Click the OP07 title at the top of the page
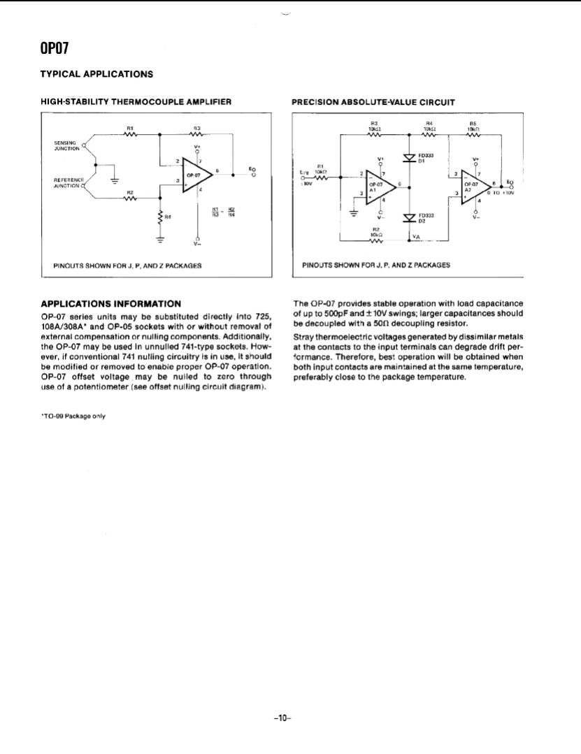[x=54, y=49]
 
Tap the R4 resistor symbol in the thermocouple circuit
[x=161, y=217]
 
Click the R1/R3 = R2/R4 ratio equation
[x=224, y=211]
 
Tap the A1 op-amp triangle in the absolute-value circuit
[x=378, y=186]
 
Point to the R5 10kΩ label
[x=475, y=127]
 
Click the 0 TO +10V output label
[x=499, y=193]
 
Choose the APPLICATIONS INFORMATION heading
[x=112, y=303]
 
